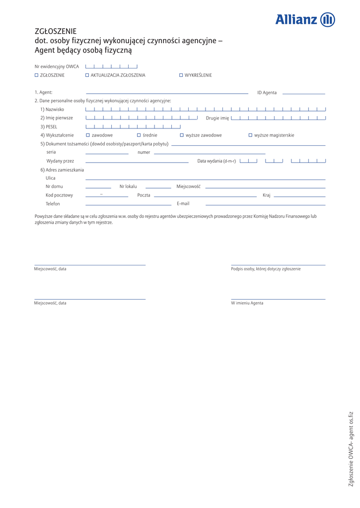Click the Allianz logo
(305, 19)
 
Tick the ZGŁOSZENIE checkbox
(36, 75)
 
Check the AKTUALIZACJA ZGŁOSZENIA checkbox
(87, 75)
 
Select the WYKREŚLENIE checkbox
(181, 75)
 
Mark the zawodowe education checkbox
(88, 135)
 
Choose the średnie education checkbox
(139, 135)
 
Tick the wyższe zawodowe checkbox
(182, 135)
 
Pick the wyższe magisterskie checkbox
(250, 135)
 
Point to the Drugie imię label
(217, 118)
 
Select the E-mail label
(183, 203)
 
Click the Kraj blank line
(299, 196)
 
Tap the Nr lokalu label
(128, 187)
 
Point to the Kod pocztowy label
(59, 195)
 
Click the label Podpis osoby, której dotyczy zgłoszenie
(266, 269)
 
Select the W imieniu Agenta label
(247, 303)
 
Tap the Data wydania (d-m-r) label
(216, 161)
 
